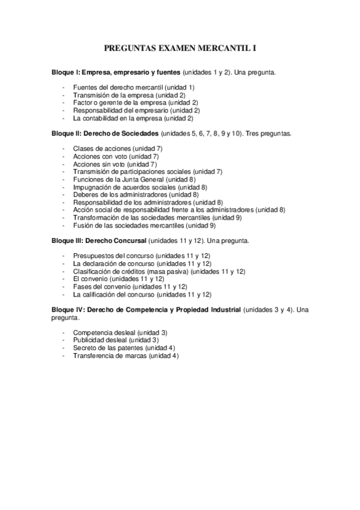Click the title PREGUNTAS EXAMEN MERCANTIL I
180,47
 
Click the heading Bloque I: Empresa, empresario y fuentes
117,72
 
